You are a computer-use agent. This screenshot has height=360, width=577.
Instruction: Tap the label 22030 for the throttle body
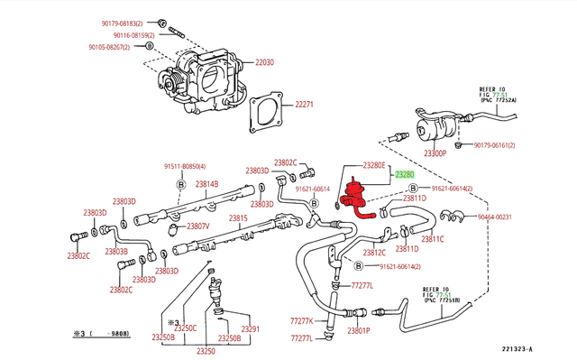click(x=264, y=62)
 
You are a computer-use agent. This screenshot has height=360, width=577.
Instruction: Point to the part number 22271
click(x=304, y=105)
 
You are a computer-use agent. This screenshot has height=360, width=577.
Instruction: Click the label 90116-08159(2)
click(x=115, y=34)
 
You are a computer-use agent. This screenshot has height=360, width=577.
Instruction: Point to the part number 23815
click(x=238, y=218)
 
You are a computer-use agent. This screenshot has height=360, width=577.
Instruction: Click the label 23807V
click(x=197, y=226)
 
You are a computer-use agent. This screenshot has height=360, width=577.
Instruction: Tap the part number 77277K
click(x=301, y=320)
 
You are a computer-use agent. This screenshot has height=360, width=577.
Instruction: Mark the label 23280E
click(x=374, y=165)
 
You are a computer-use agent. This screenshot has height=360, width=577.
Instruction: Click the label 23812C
click(x=374, y=253)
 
